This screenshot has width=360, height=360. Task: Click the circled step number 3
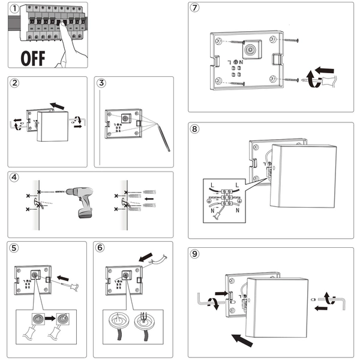tap(103, 83)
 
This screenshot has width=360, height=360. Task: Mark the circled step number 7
tap(194, 8)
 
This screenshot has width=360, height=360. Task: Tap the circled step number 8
tap(194, 129)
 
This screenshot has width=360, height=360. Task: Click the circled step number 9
tap(194, 254)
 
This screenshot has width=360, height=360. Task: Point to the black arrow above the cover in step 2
tap(58, 106)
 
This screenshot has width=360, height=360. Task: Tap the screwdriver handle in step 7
tap(325, 73)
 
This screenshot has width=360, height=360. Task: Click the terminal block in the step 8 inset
tap(228, 198)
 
